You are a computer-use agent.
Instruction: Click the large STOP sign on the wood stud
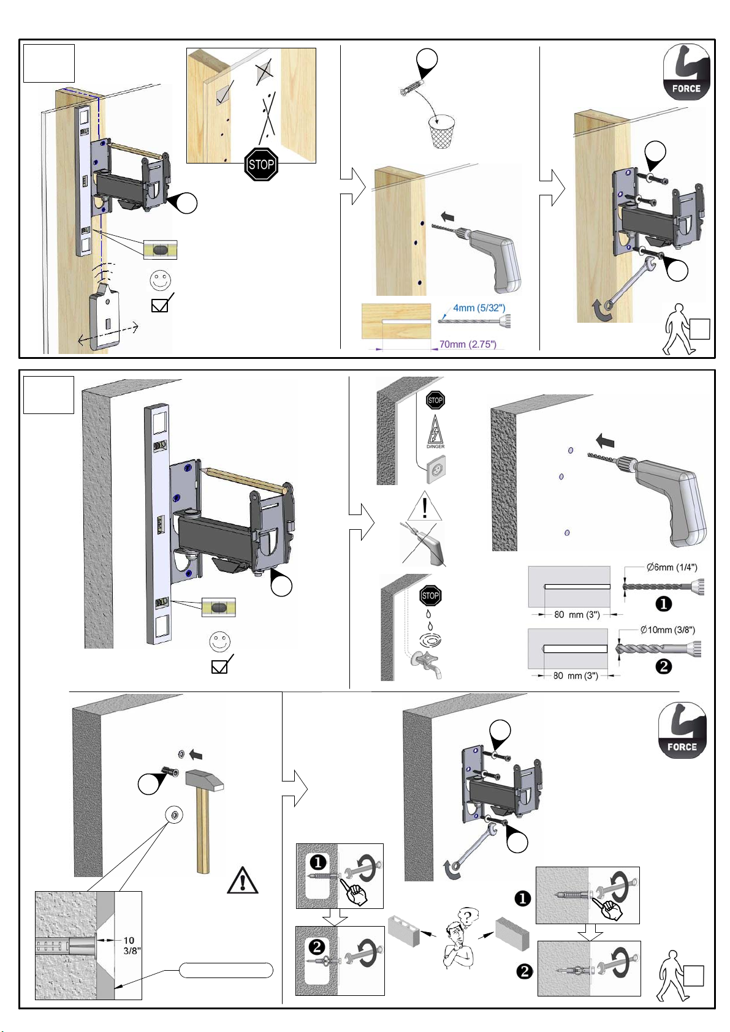261,164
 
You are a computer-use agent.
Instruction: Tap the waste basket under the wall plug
441,133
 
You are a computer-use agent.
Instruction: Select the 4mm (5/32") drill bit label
479,308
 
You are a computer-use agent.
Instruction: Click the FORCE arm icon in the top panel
686,72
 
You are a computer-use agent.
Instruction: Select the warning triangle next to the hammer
242,880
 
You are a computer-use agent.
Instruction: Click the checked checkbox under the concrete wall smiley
219,667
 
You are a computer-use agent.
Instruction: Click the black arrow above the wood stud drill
449,216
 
